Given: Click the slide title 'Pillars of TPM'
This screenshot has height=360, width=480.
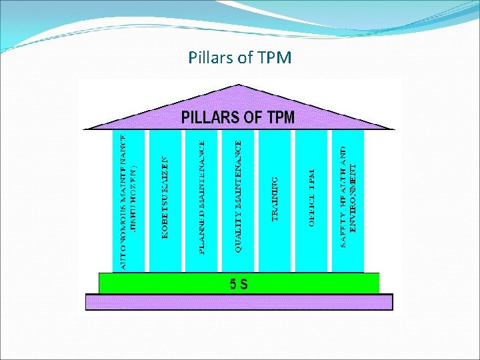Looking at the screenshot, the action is (240, 57).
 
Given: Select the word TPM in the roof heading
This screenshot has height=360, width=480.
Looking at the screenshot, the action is (281, 118).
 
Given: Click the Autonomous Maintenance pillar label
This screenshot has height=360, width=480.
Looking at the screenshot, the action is (123, 200).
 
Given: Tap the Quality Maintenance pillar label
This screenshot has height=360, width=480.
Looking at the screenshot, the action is (239, 195).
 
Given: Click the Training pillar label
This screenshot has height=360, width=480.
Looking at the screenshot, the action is (275, 199).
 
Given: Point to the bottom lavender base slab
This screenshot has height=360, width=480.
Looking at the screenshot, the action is (239, 302).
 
